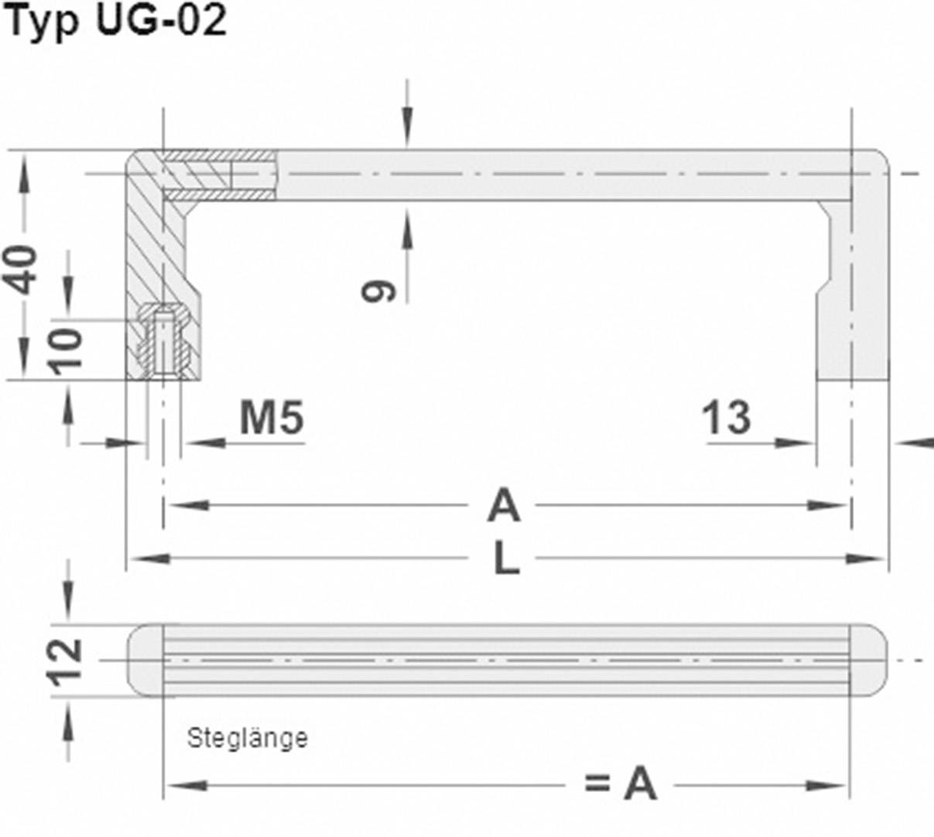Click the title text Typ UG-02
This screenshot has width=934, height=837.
tap(116, 22)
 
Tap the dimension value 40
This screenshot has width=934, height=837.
tap(23, 268)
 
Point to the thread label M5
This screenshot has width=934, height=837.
tap(271, 418)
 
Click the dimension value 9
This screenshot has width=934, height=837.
tap(379, 291)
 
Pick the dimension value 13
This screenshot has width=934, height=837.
tap(726, 418)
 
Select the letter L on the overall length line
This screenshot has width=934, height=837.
tap(506, 558)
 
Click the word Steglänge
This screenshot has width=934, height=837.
tap(248, 739)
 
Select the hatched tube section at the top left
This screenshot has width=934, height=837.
tap(221, 175)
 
